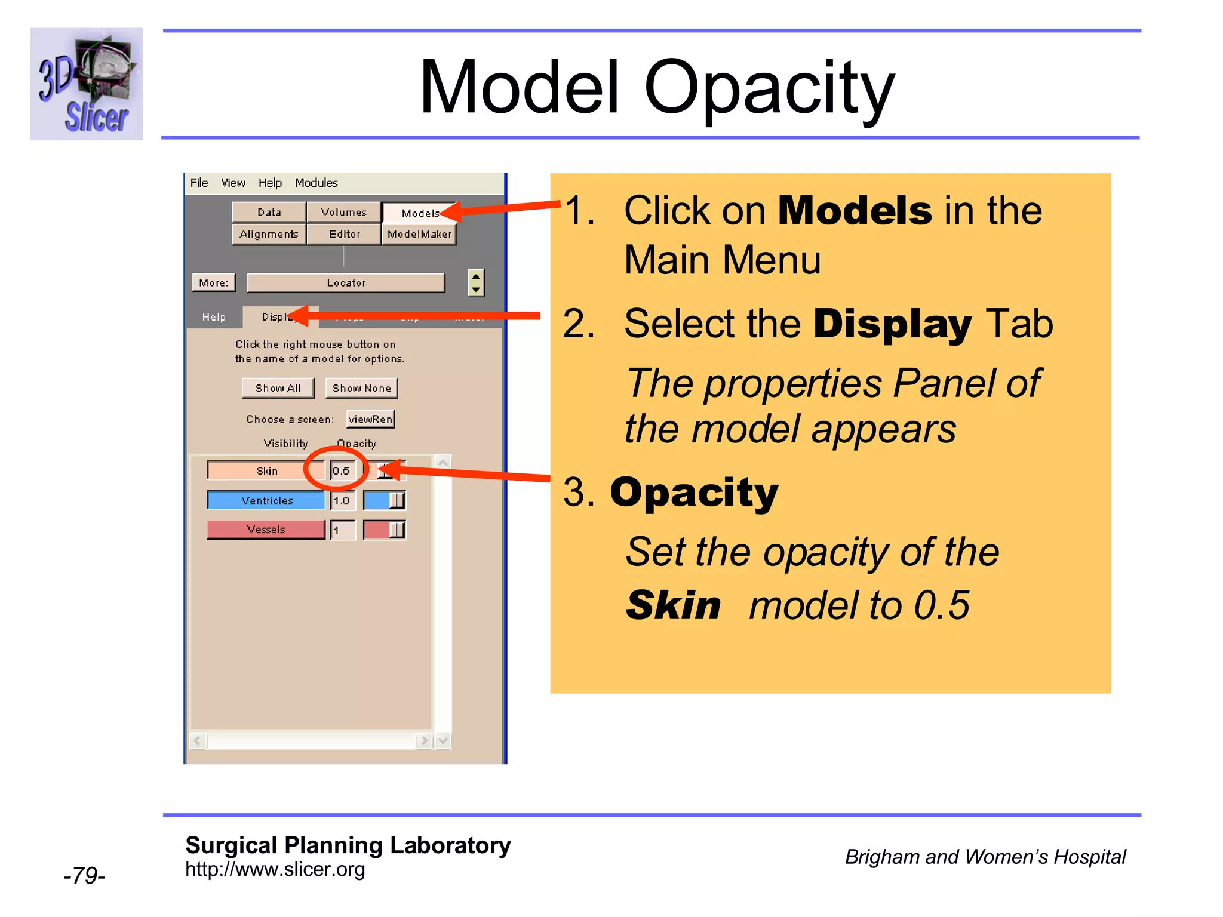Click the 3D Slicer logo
tap(87, 84)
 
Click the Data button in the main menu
tap(269, 212)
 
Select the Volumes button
tap(343, 212)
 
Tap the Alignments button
tap(269, 234)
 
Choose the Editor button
tap(344, 234)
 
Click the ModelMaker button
tap(419, 234)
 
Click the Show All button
tap(278, 388)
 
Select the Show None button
tap(361, 388)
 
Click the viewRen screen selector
tap(370, 419)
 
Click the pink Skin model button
tap(266, 470)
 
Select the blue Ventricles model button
tap(266, 500)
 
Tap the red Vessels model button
tap(266, 530)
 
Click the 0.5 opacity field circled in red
tap(342, 470)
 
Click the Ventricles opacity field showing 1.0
tap(342, 500)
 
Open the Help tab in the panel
tap(214, 317)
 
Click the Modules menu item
tap(316, 183)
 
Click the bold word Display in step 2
tap(892, 324)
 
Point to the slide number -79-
tap(84, 875)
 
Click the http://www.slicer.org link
tap(275, 869)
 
